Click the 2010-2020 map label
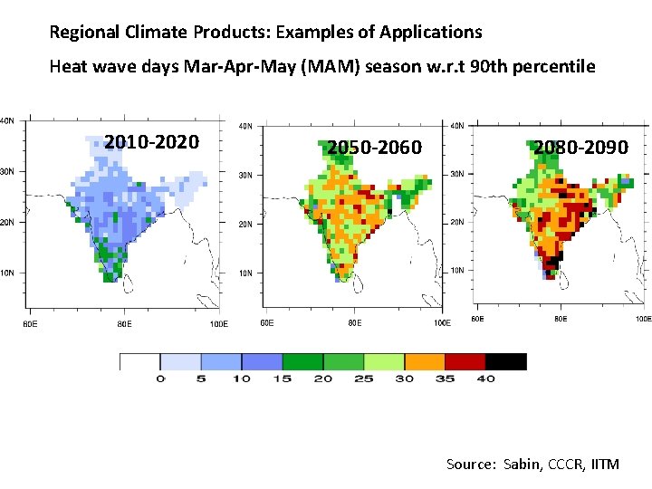pos(151,141)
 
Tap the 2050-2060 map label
pos(374,147)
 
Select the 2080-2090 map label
pos(580,147)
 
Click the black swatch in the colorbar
pos(506,361)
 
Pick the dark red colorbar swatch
pos(465,361)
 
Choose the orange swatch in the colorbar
pos(425,361)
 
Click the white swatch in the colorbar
pos(139,361)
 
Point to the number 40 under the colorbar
pos(486,379)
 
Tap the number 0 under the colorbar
pos(160,379)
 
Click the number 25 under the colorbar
pos(363,379)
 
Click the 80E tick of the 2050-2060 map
pos(353,323)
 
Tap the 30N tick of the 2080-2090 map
pos(457,174)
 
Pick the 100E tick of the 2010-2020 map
pos(218,323)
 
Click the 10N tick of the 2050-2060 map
pos(245,273)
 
